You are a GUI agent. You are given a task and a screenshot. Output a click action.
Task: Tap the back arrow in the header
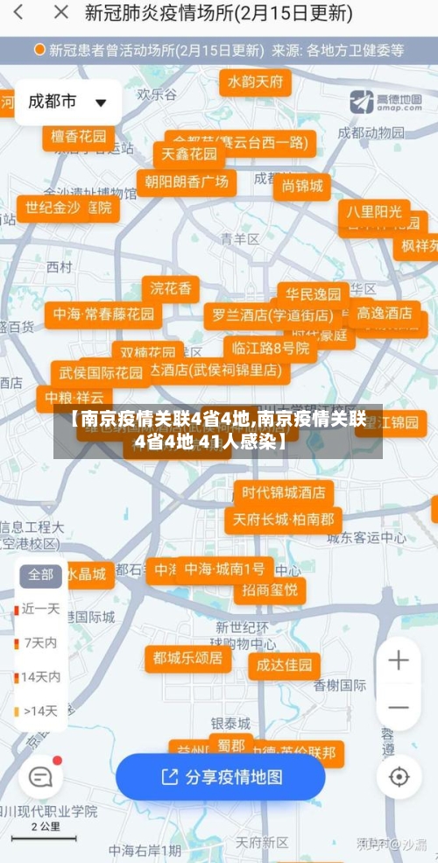click(x=19, y=13)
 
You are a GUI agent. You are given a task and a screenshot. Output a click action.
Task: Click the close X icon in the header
click(x=60, y=13)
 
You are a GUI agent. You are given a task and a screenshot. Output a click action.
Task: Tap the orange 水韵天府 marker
click(x=255, y=82)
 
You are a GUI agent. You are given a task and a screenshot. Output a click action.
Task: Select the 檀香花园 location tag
click(x=78, y=137)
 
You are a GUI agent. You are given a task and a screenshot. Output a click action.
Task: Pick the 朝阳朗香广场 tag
click(x=187, y=182)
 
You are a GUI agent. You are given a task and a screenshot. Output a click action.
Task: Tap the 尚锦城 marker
click(x=302, y=186)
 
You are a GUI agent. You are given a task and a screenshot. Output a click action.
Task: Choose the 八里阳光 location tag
click(x=373, y=212)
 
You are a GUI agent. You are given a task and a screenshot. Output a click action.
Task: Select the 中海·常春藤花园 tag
click(x=103, y=314)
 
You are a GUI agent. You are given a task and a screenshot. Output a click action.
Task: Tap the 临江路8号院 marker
click(x=270, y=348)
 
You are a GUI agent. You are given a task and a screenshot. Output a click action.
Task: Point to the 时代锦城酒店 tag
click(x=283, y=492)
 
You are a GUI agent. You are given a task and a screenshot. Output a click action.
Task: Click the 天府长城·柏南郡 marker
click(x=283, y=520)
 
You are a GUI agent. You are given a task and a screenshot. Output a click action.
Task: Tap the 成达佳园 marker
click(x=284, y=665)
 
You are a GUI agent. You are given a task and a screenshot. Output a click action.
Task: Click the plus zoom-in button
click(x=399, y=661)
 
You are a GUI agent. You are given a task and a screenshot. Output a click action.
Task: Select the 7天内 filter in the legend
click(x=40, y=642)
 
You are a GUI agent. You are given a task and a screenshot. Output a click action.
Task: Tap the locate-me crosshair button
click(x=399, y=777)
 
